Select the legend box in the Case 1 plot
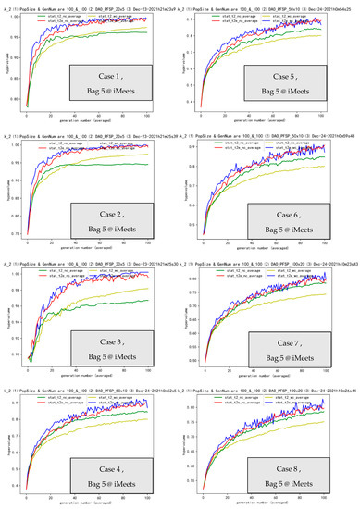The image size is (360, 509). (x=91, y=18)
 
